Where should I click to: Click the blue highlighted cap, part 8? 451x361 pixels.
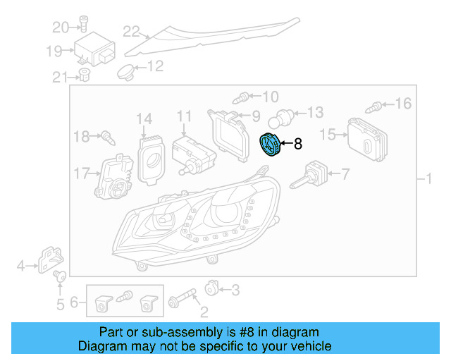(268, 145)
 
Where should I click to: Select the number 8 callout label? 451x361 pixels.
(297, 144)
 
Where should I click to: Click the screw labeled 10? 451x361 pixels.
(244, 96)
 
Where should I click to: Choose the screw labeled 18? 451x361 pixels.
(108, 136)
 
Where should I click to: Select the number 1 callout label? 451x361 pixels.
(428, 179)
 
